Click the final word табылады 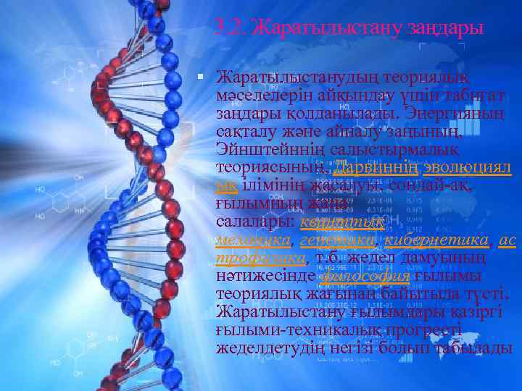point(478,348)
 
